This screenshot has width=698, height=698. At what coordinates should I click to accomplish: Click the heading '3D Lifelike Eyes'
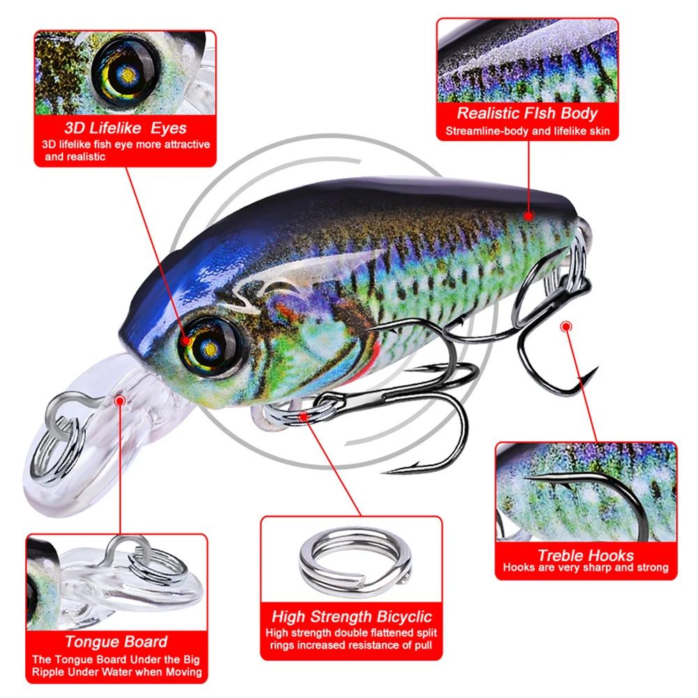(x=125, y=128)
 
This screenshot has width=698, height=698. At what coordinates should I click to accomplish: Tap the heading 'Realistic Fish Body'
(x=527, y=113)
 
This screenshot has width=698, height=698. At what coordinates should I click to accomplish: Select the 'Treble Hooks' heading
(x=585, y=556)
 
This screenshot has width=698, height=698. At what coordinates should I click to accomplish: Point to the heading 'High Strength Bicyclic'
(x=351, y=616)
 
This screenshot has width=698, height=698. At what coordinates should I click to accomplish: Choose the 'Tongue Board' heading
(x=116, y=641)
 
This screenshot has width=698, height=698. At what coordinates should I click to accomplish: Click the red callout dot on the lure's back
(x=529, y=216)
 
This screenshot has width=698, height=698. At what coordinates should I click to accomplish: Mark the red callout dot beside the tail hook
(x=566, y=326)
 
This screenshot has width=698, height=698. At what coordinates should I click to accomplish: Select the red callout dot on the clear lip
(x=120, y=401)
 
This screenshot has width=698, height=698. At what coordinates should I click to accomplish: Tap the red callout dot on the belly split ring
(x=305, y=417)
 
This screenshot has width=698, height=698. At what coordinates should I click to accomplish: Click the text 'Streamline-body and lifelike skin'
(x=527, y=131)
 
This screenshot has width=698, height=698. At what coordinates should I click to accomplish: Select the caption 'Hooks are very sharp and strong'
(x=585, y=568)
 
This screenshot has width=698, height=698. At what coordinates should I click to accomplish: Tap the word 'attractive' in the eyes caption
(x=183, y=144)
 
